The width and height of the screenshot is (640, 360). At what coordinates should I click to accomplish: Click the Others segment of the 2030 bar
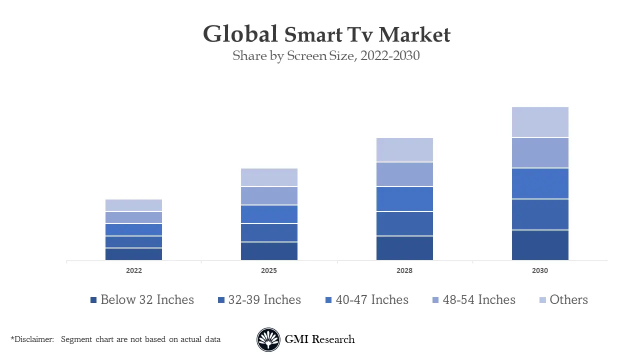pos(540,122)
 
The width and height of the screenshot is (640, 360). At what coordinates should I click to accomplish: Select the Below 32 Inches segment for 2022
pos(133,254)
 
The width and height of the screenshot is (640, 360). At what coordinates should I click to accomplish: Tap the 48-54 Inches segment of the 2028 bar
pos(404,174)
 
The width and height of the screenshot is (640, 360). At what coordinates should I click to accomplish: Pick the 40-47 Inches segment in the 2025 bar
pos(269,214)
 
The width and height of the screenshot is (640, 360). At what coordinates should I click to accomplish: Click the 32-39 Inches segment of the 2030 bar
pos(540,214)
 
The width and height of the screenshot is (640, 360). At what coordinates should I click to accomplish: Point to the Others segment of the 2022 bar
pos(133,205)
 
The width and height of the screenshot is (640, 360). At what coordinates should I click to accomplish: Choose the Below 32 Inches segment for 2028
pos(404,248)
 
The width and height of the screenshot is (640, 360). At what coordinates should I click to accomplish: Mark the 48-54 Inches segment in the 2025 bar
pos(269,195)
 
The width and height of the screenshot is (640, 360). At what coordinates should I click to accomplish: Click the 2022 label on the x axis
pos(133,270)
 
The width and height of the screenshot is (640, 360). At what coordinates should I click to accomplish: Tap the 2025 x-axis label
pos(269,270)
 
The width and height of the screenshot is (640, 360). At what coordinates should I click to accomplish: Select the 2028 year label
pos(404,270)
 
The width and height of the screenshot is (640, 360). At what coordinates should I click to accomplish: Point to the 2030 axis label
pos(540,270)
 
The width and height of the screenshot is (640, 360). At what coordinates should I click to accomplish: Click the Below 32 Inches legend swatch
pos(93,300)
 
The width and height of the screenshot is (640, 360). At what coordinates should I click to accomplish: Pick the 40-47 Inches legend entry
pos(366,300)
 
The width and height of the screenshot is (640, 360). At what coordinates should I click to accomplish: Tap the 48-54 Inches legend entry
pos(473,300)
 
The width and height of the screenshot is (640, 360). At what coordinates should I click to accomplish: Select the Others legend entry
pos(563,300)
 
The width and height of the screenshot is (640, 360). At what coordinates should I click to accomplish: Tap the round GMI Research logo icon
pos(268,340)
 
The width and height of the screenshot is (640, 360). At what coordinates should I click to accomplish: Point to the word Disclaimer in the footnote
pos(33,339)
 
